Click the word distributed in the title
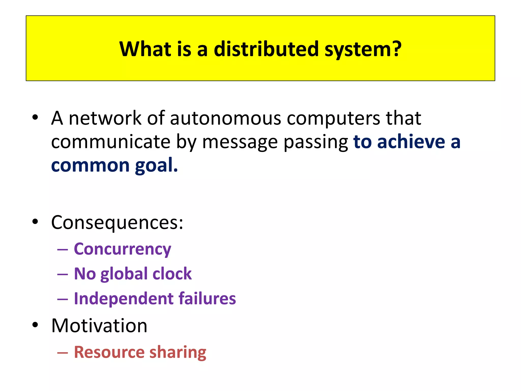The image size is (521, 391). (266, 49)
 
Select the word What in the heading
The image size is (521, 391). (145, 49)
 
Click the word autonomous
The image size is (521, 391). (225, 118)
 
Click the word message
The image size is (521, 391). (240, 142)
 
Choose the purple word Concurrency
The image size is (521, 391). (122, 249)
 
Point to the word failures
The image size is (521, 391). (207, 298)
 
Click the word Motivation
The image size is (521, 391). (99, 326)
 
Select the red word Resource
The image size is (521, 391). (109, 352)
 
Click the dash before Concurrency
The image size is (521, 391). (63, 249)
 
